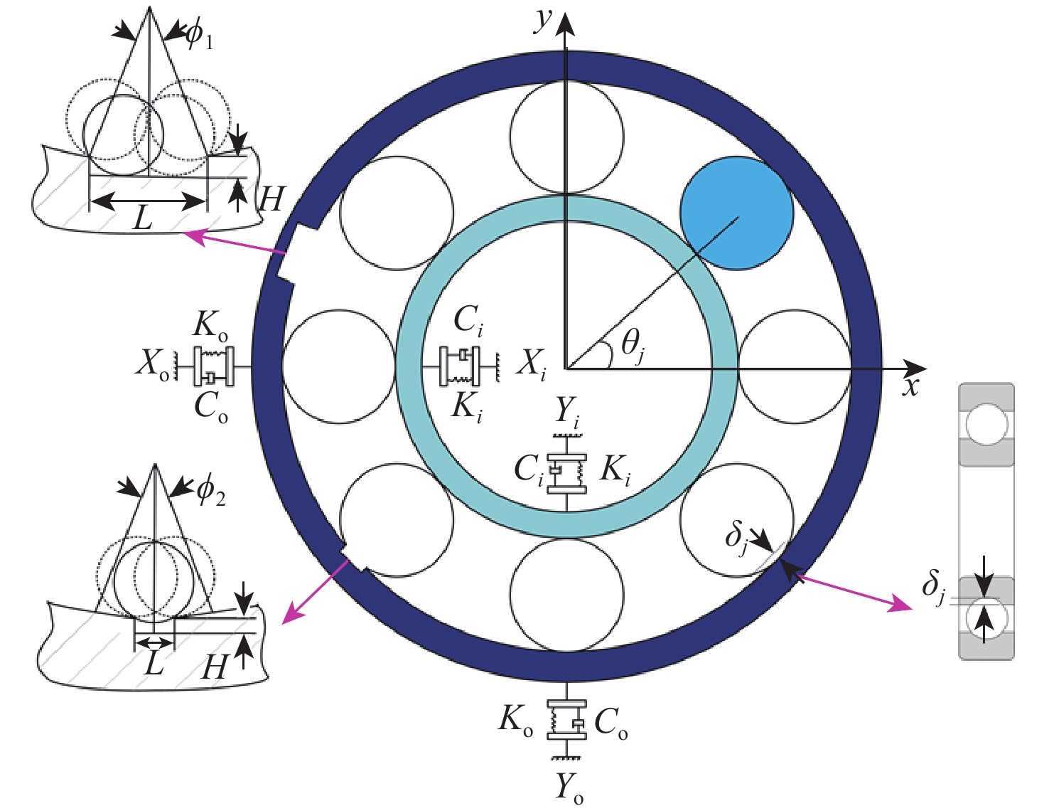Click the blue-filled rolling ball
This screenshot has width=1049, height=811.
click(736, 213)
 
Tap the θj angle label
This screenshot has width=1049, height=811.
click(633, 345)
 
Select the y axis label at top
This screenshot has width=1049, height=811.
click(544, 20)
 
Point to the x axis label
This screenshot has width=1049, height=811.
click(910, 386)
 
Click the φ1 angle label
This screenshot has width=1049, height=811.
click(199, 36)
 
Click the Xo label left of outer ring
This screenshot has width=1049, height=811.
click(153, 364)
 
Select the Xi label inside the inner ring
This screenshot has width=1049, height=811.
click(532, 364)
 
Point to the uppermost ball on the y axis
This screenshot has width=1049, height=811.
click(567, 137)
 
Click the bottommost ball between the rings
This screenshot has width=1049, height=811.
click(567, 595)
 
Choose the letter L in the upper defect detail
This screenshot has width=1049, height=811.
click(144, 218)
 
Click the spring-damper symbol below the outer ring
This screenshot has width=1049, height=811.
click(567, 720)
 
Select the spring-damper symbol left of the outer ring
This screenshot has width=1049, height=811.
click(213, 366)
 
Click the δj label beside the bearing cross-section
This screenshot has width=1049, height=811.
click(933, 587)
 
